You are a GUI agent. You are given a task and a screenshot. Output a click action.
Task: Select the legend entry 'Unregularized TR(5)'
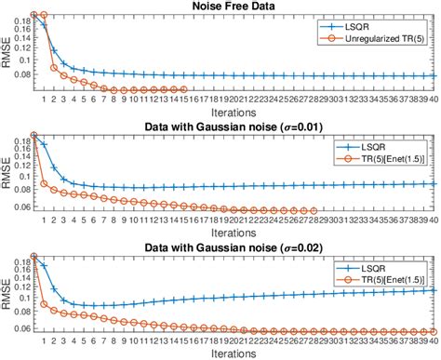(377, 38)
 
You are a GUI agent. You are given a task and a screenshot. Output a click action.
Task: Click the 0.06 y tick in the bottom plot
(20, 328)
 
